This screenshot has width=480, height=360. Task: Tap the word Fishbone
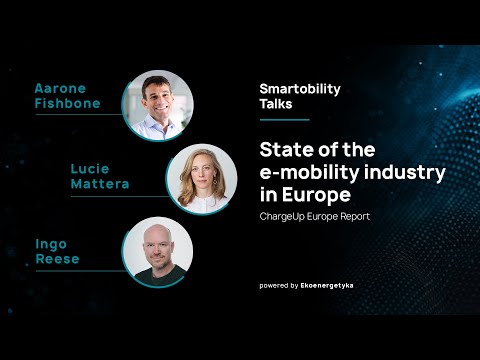(x=67, y=104)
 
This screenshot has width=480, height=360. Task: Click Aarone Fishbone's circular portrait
(x=157, y=105)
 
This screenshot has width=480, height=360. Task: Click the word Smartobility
(x=299, y=88)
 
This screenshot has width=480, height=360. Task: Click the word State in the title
(x=286, y=150)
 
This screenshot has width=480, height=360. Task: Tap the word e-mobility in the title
(x=313, y=172)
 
